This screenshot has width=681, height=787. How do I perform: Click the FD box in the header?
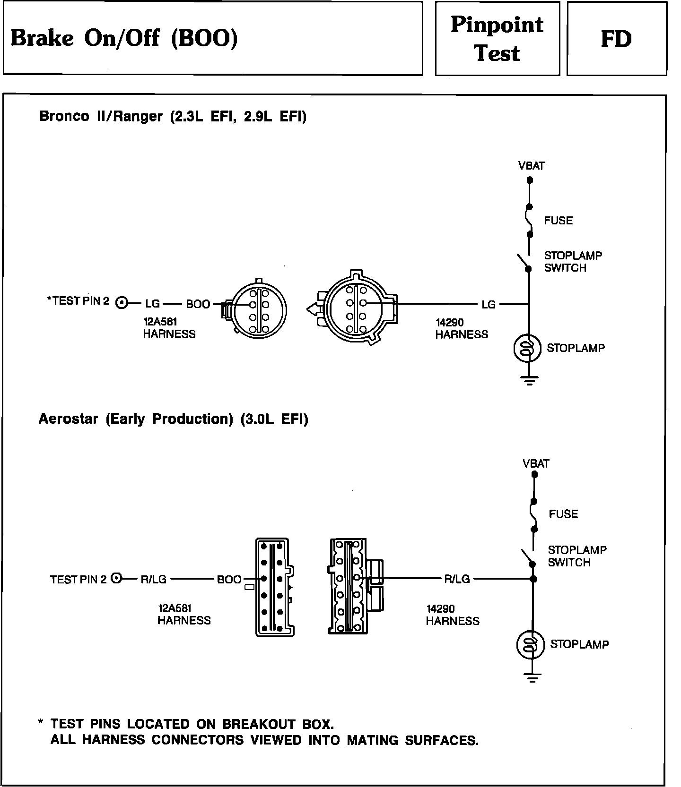pos(616,39)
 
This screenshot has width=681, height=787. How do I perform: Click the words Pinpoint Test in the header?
pos(497,39)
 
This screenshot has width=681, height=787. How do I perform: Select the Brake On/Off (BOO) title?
pos(124,38)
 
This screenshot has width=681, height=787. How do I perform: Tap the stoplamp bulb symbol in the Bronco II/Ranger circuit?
pos(527,348)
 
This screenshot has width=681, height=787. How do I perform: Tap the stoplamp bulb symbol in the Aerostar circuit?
pos(531,645)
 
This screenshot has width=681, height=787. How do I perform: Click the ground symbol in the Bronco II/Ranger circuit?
pos(529,380)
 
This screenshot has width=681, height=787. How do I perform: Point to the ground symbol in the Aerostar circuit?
pos(533,678)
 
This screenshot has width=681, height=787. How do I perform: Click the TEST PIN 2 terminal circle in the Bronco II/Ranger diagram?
pos(122,303)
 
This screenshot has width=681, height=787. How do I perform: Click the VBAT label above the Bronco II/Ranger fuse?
pos(532,166)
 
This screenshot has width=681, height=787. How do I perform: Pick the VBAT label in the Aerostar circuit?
pos(536,463)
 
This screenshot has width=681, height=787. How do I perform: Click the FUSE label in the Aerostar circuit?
pos(563,514)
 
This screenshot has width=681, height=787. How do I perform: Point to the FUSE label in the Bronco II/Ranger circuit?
pos(558,221)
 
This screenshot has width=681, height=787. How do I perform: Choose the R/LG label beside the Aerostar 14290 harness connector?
pos(457,579)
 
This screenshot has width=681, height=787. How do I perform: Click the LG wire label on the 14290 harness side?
pos(489,305)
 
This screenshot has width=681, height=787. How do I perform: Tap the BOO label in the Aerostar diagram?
pos(229,580)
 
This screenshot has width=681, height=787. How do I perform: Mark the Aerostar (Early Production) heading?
pos(173,419)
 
